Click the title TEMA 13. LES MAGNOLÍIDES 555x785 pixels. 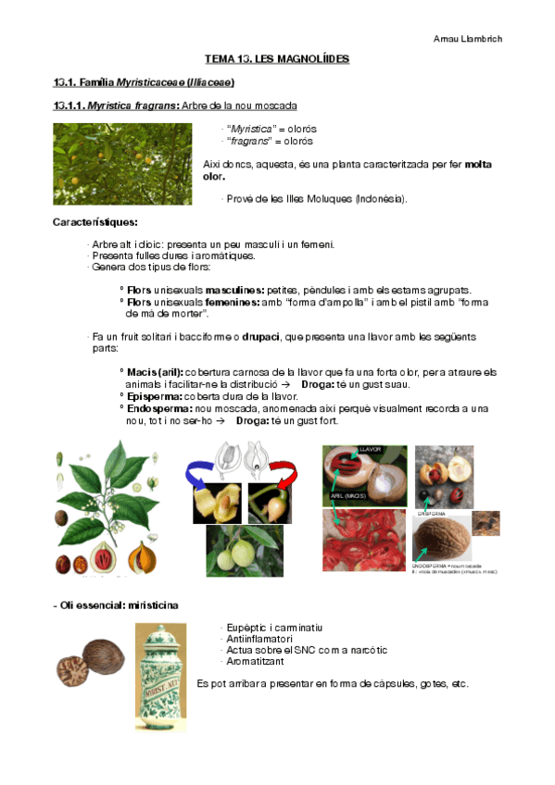coord(277,59)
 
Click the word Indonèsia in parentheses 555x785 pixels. coord(379,199)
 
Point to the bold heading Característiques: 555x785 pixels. coord(95,222)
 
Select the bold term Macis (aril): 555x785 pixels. coord(155,372)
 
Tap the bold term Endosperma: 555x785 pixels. coord(160,407)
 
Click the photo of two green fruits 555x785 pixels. coord(245,552)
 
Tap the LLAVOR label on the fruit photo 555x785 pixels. coord(370,450)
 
